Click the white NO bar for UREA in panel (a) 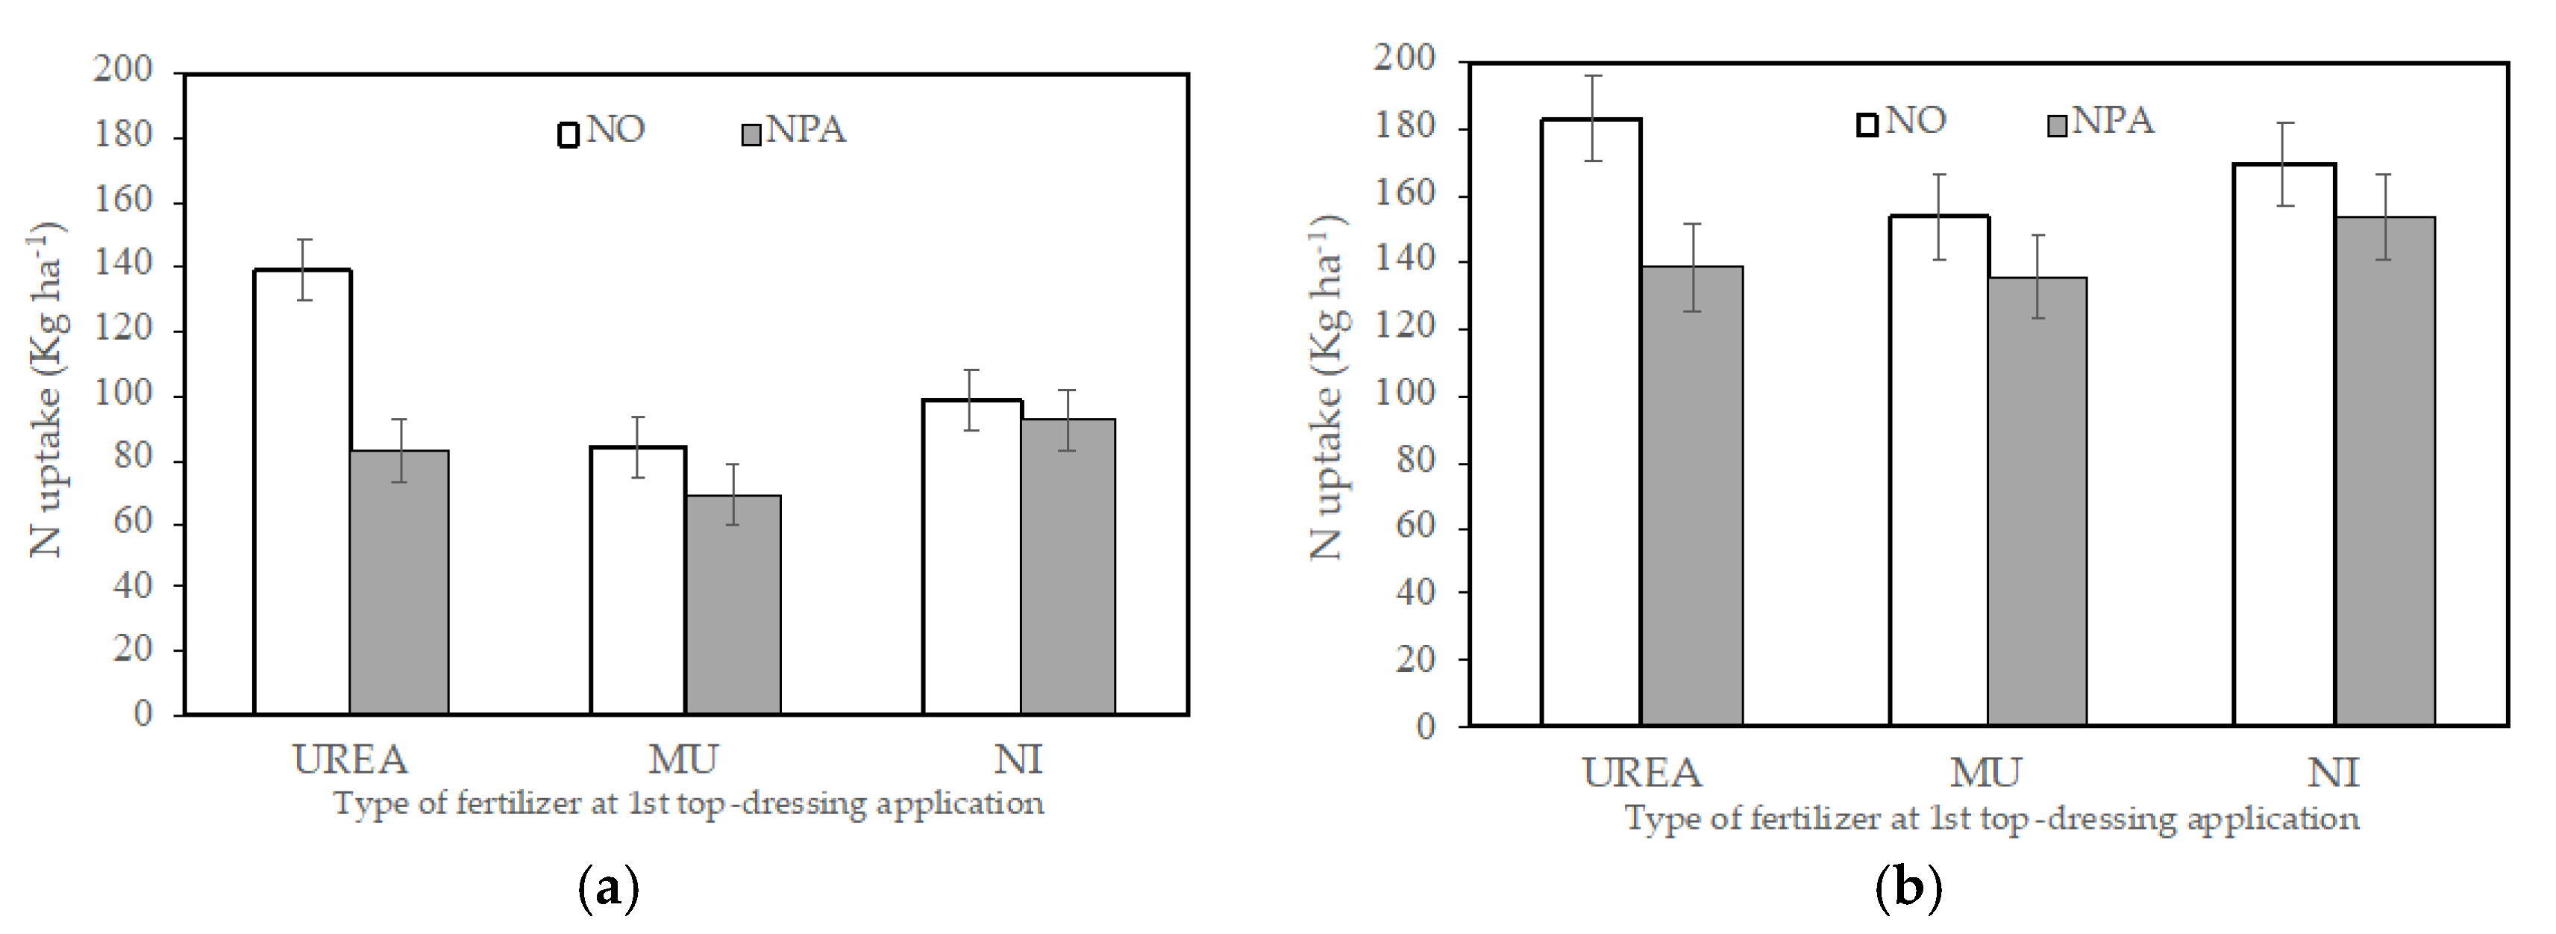point(303,491)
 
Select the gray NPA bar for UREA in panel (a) point(399,582)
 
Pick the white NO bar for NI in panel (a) point(971,555)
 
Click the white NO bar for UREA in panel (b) point(1591,422)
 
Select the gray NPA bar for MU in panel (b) point(2037,501)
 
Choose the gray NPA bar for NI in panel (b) point(2384,471)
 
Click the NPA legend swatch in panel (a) point(751,134)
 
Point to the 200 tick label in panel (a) point(123,69)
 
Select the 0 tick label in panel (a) point(143,714)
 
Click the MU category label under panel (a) point(683,760)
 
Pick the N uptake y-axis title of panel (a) point(46,389)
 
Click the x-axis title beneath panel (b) point(1990,819)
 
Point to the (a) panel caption point(607,886)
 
